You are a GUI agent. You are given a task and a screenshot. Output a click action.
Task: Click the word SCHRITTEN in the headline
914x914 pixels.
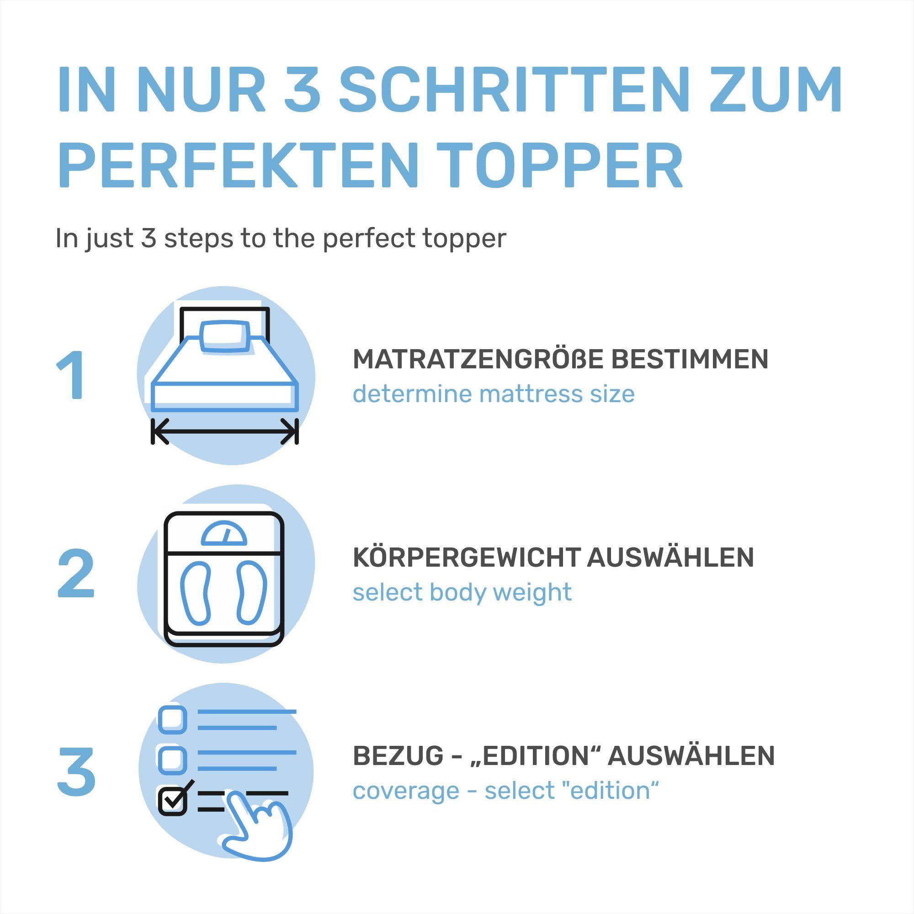pyautogui.click(x=513, y=90)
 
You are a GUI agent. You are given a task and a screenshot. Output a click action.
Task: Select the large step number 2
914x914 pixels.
pyautogui.click(x=76, y=574)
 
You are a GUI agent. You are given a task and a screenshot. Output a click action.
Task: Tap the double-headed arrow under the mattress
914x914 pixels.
pyautogui.click(x=225, y=431)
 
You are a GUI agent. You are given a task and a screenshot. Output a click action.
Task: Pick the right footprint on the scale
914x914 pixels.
pyautogui.click(x=252, y=592)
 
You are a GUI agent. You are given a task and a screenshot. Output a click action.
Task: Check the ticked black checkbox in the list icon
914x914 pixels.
pyautogui.click(x=172, y=801)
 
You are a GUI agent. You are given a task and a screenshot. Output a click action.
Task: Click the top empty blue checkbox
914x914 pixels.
pyautogui.click(x=172, y=720)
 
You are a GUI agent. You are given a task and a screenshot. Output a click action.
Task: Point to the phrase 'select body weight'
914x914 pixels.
pyautogui.click(x=462, y=592)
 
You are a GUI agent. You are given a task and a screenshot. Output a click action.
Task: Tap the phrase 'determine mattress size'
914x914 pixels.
pyautogui.click(x=494, y=393)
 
